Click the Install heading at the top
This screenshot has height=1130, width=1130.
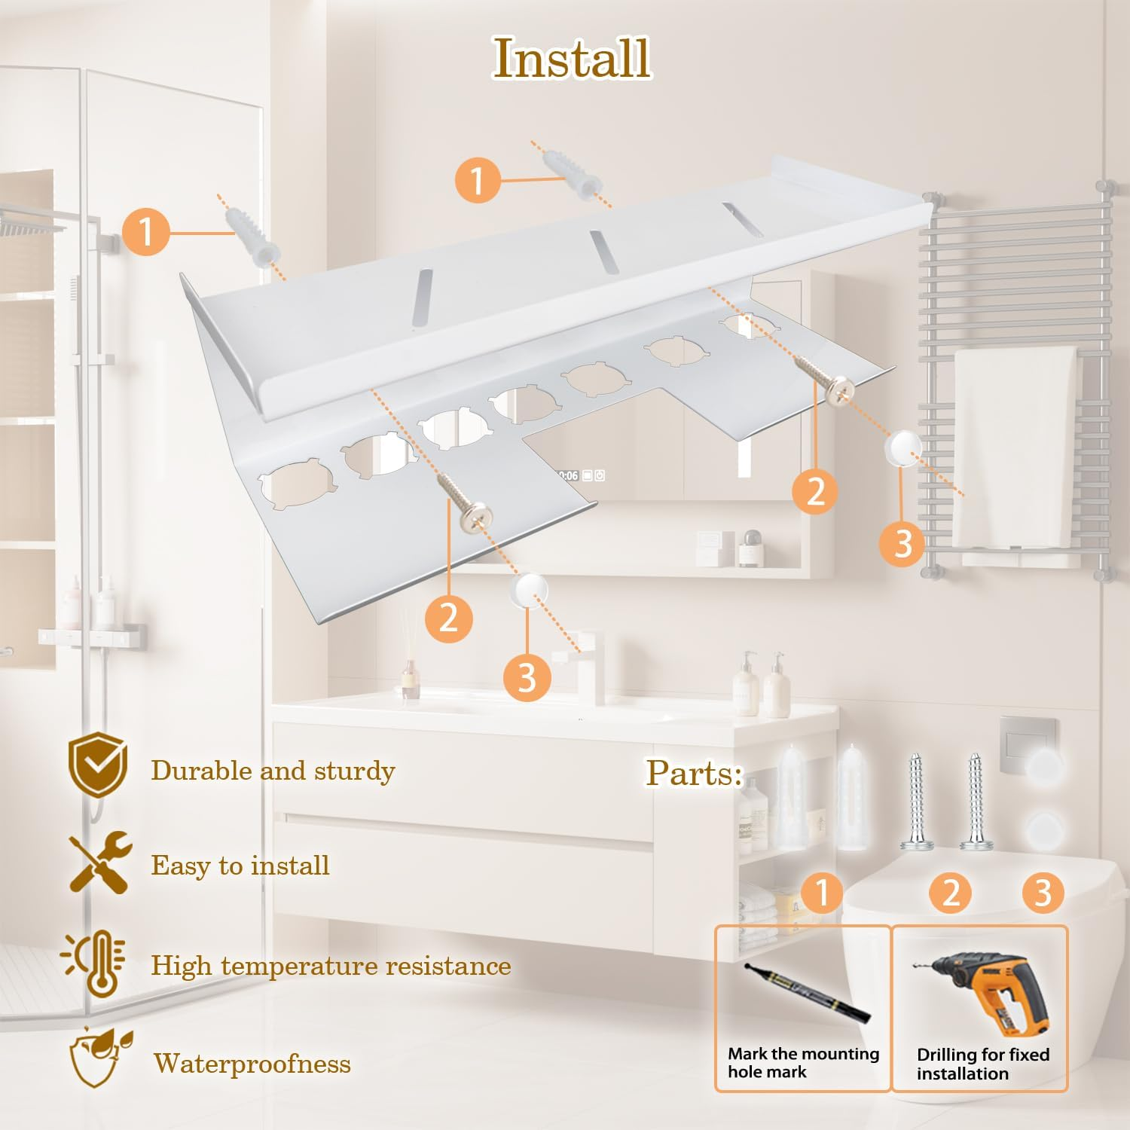pos(572,58)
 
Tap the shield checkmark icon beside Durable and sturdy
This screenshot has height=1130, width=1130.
pos(97,766)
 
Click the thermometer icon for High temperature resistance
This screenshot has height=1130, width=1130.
pos(95,964)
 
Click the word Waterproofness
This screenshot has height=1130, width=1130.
pos(252,1063)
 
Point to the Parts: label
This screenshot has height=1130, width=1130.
pos(694,772)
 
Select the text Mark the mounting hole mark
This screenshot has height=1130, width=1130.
pos(803,1062)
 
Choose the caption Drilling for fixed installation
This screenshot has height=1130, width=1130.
pos(982,1064)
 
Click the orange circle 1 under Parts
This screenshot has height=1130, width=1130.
pos(822,892)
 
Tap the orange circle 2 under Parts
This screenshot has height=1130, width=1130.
pos(951,893)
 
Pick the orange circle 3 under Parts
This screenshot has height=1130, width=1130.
pos(1043,893)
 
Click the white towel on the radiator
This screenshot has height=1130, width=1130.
pos(1015,444)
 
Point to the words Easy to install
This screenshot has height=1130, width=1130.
pos(240,866)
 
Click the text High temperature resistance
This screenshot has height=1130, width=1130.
pos(331,965)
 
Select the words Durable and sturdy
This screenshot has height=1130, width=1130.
pos(273,771)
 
